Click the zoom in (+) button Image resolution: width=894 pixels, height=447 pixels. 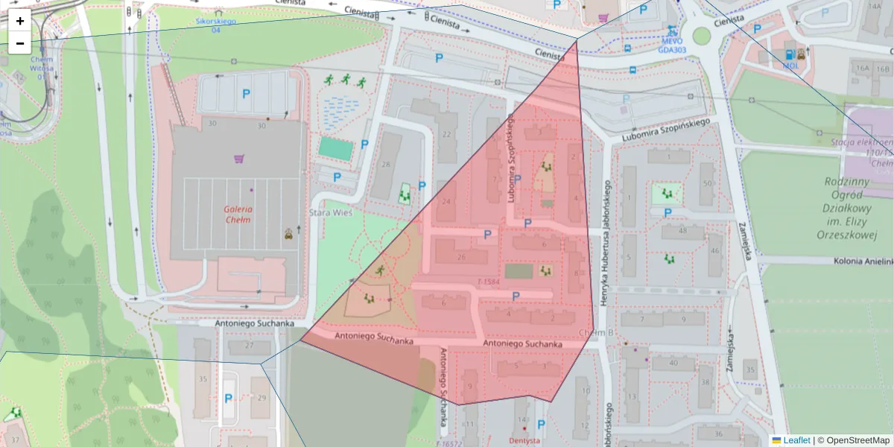(x=20, y=21)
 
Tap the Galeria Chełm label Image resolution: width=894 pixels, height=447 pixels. (x=238, y=209)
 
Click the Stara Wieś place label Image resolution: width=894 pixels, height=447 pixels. (x=330, y=212)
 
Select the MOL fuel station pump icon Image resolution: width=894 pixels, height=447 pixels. (x=789, y=54)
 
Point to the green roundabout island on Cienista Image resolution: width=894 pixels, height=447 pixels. (x=700, y=35)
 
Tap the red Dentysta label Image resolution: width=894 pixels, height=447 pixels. (x=524, y=440)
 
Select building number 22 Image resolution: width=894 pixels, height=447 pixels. (x=446, y=134)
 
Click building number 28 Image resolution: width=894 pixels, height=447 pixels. (x=386, y=165)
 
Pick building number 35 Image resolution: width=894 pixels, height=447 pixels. (x=202, y=379)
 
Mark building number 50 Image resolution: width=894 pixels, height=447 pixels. (x=706, y=183)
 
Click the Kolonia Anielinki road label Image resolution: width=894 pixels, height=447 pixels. (x=856, y=261)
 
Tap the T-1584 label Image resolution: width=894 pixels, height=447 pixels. (x=488, y=282)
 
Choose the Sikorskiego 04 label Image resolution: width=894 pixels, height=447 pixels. (x=215, y=25)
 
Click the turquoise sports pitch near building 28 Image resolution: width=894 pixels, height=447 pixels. (x=335, y=148)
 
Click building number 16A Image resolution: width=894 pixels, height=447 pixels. (x=863, y=68)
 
